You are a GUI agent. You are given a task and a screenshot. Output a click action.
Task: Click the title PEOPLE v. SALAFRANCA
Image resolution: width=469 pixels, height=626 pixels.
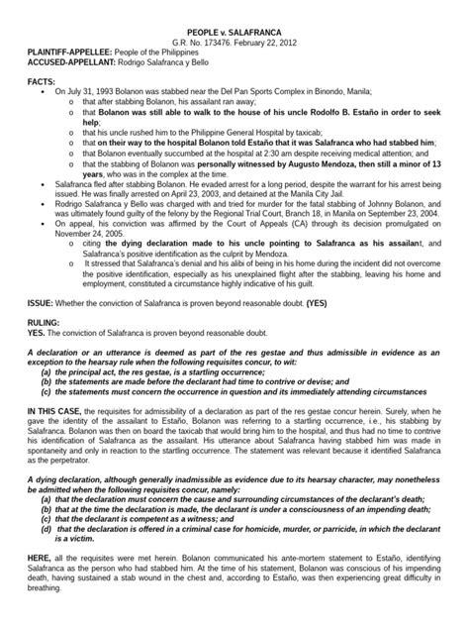tap(234, 9)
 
